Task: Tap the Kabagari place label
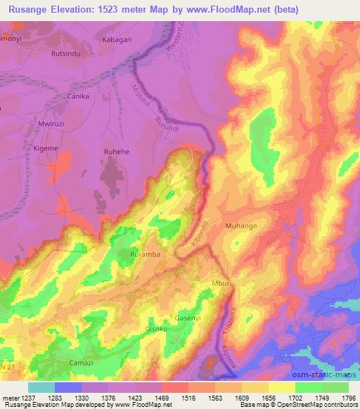(117, 41)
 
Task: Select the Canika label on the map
(78, 96)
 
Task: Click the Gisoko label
(156, 328)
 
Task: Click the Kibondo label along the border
(199, 233)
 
